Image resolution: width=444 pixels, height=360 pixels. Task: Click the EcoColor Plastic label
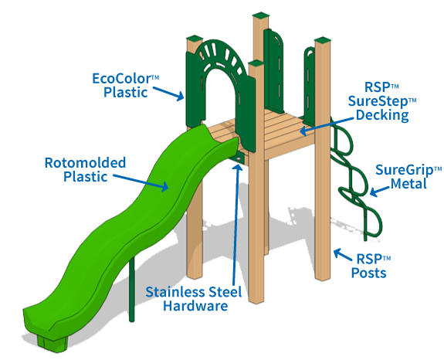point(125,86)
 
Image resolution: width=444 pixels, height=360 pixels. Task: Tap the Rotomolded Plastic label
point(85,169)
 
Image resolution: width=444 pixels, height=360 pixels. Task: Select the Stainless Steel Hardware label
point(194,299)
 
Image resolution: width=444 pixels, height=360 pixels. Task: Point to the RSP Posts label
point(371,266)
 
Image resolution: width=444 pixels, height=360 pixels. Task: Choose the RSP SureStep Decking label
point(382,101)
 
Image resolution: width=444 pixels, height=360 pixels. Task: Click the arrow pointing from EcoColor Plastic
point(168,93)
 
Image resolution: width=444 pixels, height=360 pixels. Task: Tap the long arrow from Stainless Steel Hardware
point(236,224)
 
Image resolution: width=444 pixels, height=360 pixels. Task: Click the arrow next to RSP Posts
point(343,254)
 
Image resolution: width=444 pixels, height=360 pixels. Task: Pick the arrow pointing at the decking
point(327,125)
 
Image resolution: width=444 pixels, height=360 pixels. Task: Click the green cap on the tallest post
point(260,15)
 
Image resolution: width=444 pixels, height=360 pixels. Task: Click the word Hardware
point(195,306)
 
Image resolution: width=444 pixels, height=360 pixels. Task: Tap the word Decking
point(382,115)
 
